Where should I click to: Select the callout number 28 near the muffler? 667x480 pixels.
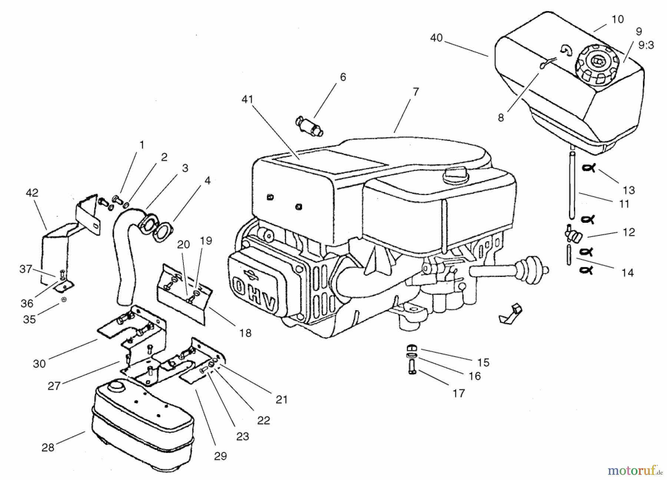48,447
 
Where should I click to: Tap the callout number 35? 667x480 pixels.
29,319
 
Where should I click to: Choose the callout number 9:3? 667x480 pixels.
646,45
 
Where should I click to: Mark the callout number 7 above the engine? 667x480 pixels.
415,91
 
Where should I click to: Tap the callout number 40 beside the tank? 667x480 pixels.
437,38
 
